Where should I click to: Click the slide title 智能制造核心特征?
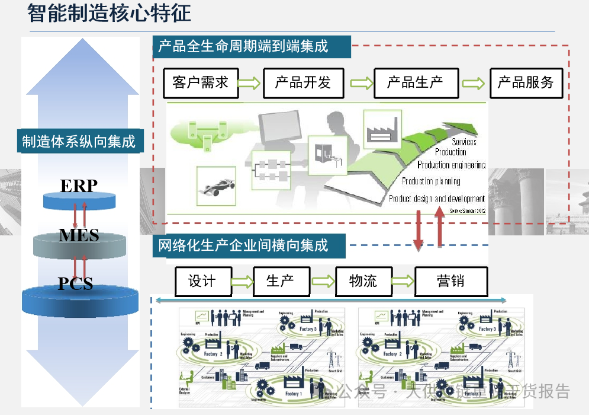coord(110,13)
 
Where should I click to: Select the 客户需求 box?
coord(200,82)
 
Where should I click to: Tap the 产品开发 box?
coord(303,82)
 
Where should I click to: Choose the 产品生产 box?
coord(416,82)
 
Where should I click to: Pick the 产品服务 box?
coord(526,82)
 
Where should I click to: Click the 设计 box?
coord(202,281)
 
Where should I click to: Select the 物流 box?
coord(363,281)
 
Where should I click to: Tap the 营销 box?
coord(450,281)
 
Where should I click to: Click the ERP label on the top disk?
coord(79,186)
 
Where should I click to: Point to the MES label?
coord(79,235)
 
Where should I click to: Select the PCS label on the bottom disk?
coord(76,283)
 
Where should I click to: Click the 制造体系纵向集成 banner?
coord(79,141)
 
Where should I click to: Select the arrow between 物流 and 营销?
coord(403,281)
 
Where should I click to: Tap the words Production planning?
coord(431,181)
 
